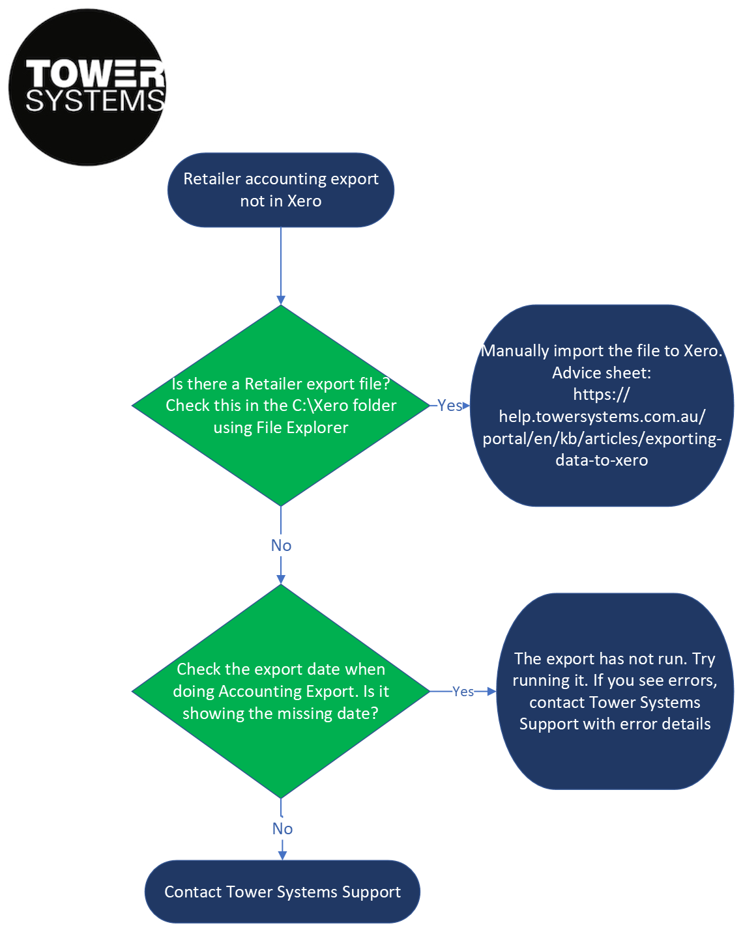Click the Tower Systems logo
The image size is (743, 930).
87,87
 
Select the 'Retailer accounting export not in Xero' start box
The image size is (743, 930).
281,190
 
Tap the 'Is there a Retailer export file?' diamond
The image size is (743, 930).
281,405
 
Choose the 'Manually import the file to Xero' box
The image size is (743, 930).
602,405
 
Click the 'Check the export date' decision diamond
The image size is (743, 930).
281,691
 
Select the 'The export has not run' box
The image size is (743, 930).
615,691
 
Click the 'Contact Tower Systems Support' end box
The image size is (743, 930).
282,892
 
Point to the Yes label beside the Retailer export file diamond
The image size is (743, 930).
450,405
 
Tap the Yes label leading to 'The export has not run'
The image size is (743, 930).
463,692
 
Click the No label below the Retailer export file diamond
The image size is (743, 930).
281,545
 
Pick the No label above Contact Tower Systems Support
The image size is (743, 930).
282,829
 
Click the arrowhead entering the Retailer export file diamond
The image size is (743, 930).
281,300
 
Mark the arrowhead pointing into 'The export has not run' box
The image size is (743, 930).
491,692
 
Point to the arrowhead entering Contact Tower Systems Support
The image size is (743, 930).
282,856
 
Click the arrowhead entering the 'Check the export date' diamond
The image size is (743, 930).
281,580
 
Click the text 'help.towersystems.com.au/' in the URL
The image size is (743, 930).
602,417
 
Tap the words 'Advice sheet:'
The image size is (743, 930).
602,373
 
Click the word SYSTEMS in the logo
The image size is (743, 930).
95,101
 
